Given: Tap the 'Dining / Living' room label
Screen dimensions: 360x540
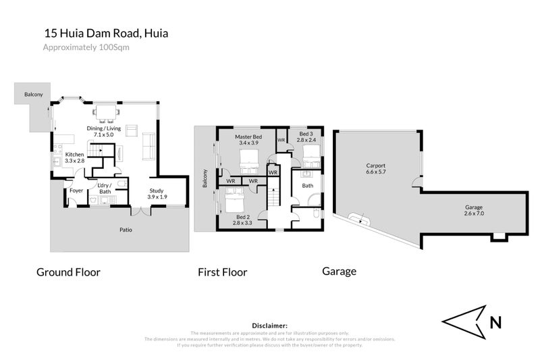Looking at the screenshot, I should pyautogui.click(x=104, y=128).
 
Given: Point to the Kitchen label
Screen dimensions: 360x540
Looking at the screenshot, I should pyautogui.click(x=74, y=155).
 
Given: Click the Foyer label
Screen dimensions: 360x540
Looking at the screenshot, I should pyautogui.click(x=76, y=190).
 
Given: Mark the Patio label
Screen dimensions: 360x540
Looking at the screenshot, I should pyautogui.click(x=126, y=230).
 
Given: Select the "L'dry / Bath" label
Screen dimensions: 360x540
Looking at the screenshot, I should pyautogui.click(x=104, y=189).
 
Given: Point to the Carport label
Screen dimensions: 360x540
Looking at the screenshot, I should pyautogui.click(x=375, y=165).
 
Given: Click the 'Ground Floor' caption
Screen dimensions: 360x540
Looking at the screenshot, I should pyautogui.click(x=68, y=272).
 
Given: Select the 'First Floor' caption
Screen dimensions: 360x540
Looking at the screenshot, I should pyautogui.click(x=222, y=272).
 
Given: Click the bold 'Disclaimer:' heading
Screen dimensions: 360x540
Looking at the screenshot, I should pyautogui.click(x=269, y=326).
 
